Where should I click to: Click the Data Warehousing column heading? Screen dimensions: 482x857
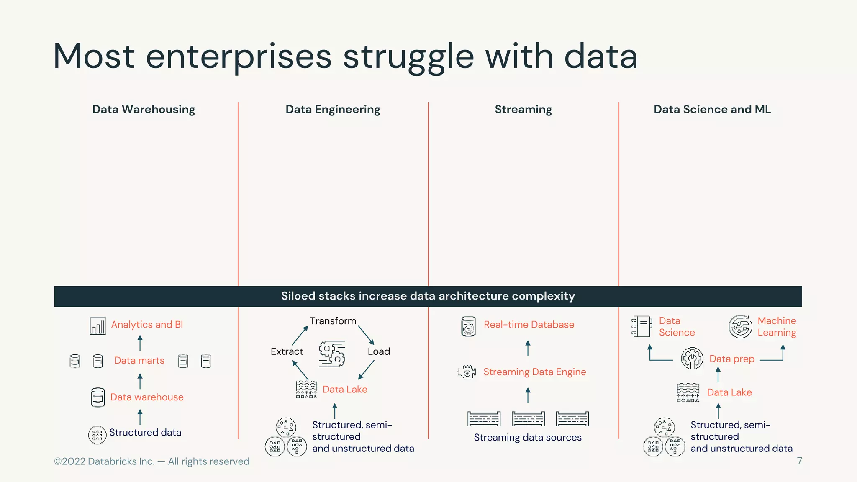(144, 110)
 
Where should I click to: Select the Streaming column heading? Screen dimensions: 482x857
(523, 110)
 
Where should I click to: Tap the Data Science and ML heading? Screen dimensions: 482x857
(712, 110)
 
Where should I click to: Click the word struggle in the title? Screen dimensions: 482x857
(408, 56)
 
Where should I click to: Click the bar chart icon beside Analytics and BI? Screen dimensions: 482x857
(98, 326)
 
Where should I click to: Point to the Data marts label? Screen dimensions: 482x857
(139, 361)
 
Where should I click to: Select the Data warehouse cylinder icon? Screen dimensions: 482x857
(98, 397)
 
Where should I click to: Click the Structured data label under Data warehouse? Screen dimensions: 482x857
(145, 433)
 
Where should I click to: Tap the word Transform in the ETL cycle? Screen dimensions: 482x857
(333, 321)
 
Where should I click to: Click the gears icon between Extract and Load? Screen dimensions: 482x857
(332, 354)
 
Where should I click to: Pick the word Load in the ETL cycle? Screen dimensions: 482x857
(379, 351)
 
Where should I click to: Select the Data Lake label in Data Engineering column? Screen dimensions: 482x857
(344, 390)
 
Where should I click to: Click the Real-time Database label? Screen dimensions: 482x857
(529, 325)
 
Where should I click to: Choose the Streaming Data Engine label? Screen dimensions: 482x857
(534, 372)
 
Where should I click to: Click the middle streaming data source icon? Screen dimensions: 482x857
(528, 418)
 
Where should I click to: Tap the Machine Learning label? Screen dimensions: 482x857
(777, 327)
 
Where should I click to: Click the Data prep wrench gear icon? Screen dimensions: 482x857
(692, 359)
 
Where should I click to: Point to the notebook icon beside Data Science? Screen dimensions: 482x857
(642, 326)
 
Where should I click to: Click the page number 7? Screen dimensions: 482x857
(799, 461)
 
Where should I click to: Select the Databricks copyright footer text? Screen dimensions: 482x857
(151, 461)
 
